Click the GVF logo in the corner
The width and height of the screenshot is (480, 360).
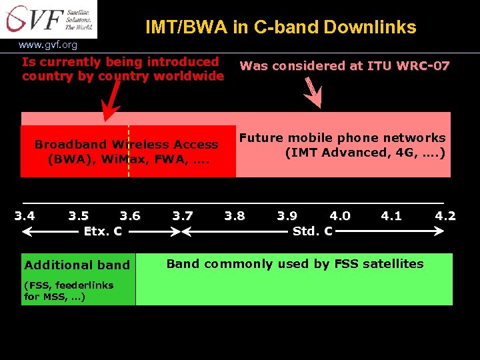coord(48,19)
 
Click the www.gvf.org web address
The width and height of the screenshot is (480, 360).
coord(48,45)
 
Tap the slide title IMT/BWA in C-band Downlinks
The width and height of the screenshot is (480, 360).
coord(281,27)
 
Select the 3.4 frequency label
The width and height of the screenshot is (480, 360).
coord(25,216)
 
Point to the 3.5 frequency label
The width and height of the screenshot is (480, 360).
coord(79,216)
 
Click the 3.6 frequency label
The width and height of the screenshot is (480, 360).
coord(130,216)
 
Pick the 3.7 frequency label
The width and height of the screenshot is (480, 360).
coord(183,216)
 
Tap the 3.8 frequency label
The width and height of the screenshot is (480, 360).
coord(235,216)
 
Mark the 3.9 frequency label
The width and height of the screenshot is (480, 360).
coord(287,216)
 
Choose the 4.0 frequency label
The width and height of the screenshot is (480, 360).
coord(340,216)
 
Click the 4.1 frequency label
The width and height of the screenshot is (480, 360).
coord(391,216)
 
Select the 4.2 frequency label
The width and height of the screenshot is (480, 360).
coord(445,216)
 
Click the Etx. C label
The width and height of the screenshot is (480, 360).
coord(103,231)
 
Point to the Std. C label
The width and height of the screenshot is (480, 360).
coord(313,231)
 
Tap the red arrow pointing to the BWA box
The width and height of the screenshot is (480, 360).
coord(111,103)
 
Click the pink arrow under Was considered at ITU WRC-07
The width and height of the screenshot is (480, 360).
coord(313,93)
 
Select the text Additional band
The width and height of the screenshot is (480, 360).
coord(77,265)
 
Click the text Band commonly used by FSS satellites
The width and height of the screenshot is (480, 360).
coord(295,264)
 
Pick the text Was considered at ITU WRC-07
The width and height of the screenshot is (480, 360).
coord(345,66)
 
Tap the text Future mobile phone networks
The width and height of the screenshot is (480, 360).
coord(343,138)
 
